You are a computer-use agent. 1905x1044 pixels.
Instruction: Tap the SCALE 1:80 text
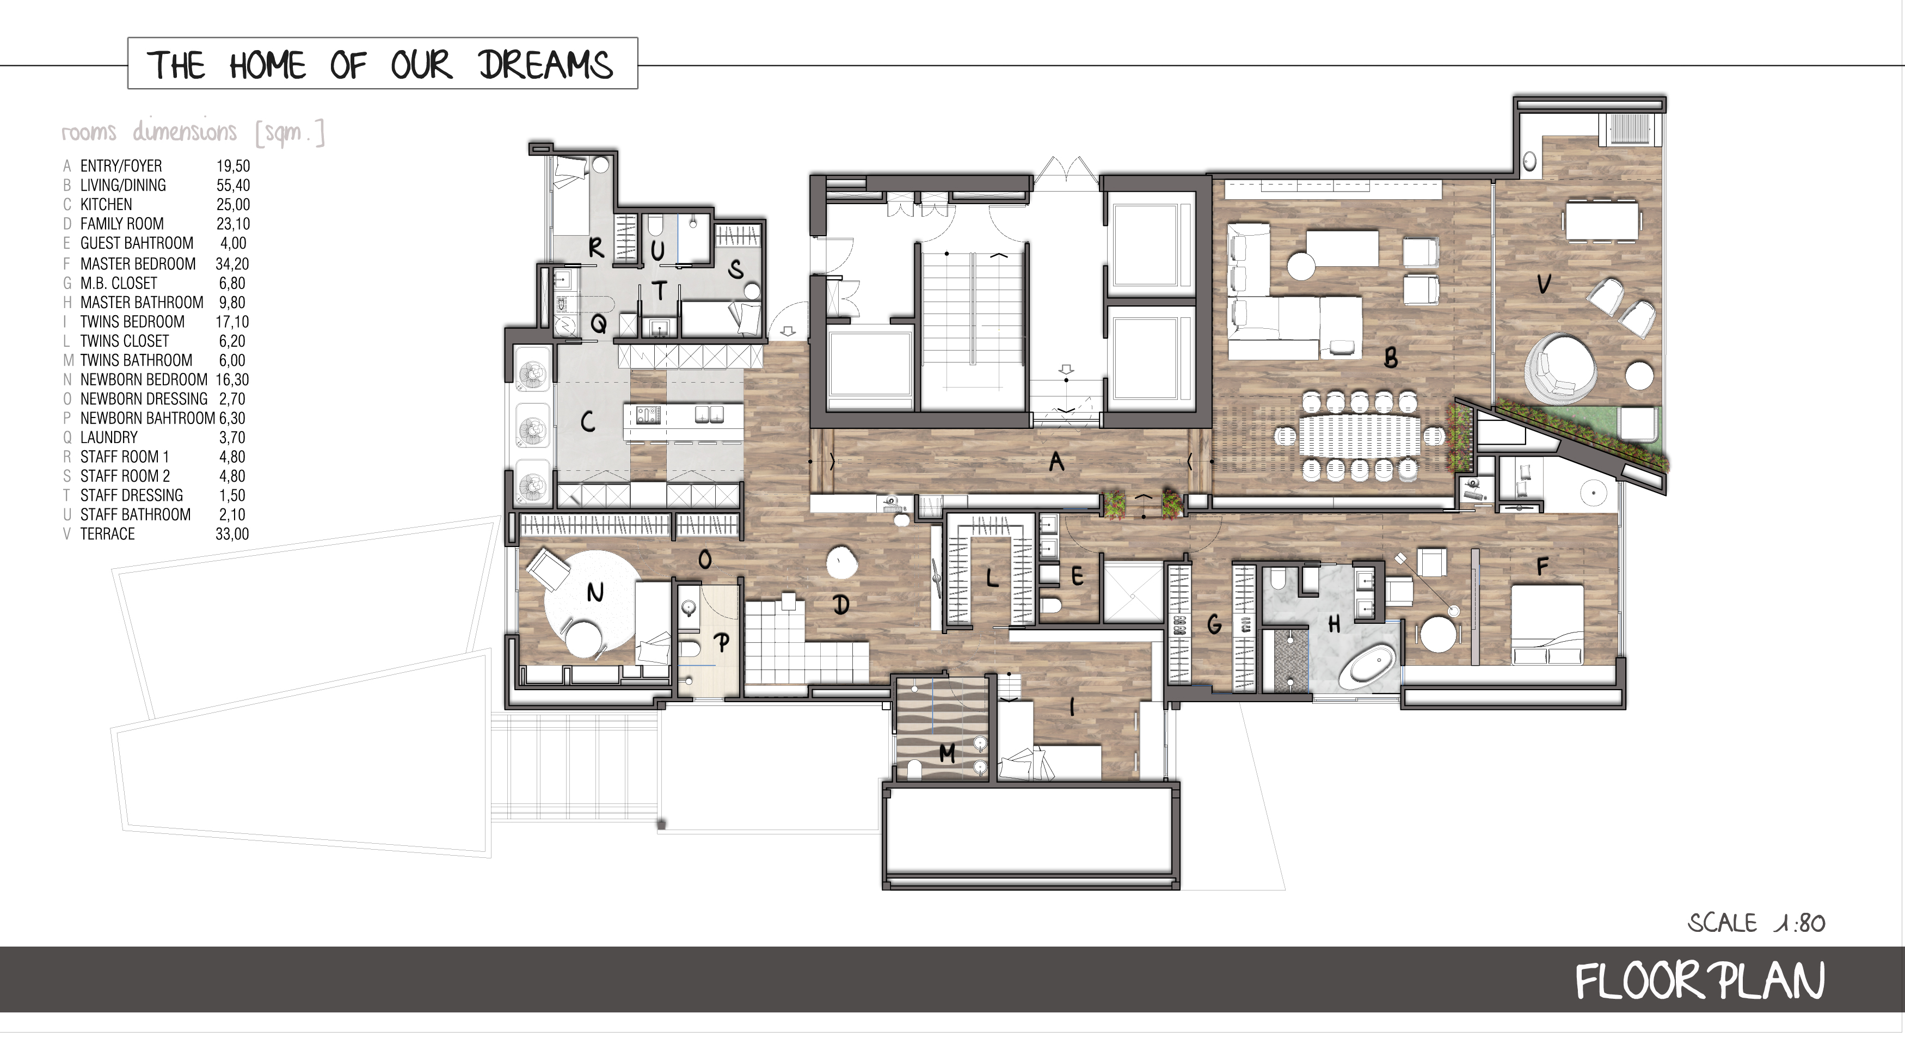(x=1756, y=923)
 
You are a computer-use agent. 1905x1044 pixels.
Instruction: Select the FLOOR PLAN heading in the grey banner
(x=1699, y=981)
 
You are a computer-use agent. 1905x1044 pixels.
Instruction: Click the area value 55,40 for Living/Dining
(x=233, y=186)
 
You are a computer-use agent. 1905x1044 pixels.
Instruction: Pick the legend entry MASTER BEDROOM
(x=138, y=264)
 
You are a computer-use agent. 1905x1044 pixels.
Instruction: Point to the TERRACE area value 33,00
(x=232, y=534)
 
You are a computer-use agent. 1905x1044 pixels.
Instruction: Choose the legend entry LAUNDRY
(x=109, y=438)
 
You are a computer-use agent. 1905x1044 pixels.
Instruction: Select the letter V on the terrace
(x=1544, y=283)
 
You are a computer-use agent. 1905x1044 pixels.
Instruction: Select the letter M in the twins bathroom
(x=947, y=753)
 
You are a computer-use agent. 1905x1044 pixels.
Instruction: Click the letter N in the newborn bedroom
(x=595, y=592)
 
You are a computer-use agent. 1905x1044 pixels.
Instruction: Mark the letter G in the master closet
(x=1214, y=625)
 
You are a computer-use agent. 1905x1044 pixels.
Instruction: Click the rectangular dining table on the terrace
(x=1601, y=220)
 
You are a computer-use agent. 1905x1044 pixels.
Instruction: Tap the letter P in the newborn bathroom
(x=722, y=642)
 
